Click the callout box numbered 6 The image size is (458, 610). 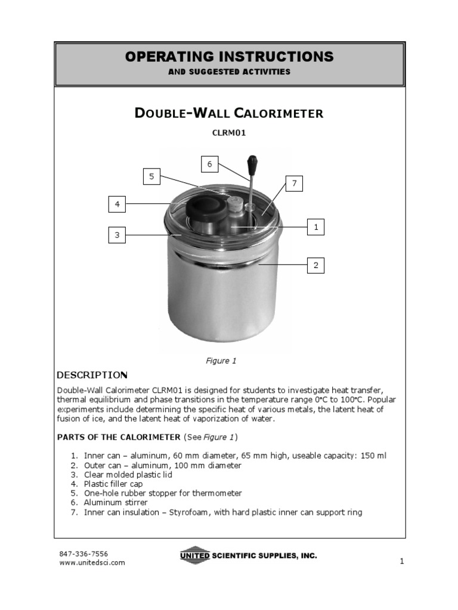pyautogui.click(x=209, y=164)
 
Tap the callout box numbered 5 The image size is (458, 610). pyautogui.click(x=151, y=176)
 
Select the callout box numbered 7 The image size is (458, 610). pyautogui.click(x=293, y=184)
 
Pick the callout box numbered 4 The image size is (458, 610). pyautogui.click(x=117, y=204)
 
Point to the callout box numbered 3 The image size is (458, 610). pyautogui.click(x=117, y=235)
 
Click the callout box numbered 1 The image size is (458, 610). pyautogui.click(x=315, y=227)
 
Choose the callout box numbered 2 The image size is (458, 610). pyautogui.click(x=315, y=265)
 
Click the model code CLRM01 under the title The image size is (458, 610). pyautogui.click(x=229, y=133)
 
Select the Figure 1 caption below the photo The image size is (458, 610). pyautogui.click(x=221, y=360)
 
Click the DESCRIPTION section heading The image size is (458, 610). pyautogui.click(x=92, y=375)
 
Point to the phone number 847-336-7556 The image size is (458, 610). pyautogui.click(x=83, y=553)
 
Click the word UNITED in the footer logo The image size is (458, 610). pyautogui.click(x=195, y=556)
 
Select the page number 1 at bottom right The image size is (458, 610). pyautogui.click(x=401, y=561)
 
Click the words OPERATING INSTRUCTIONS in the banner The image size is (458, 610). pyautogui.click(x=229, y=57)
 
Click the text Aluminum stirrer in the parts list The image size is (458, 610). pyautogui.click(x=116, y=503)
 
